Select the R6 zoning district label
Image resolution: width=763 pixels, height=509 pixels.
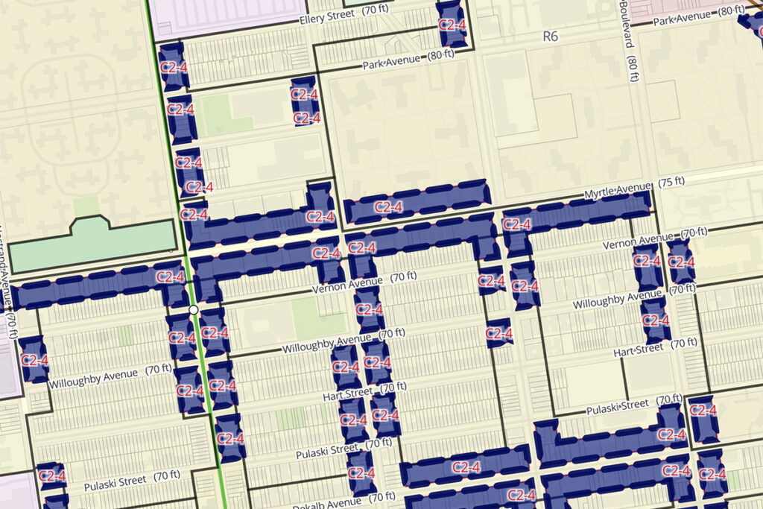(550, 36)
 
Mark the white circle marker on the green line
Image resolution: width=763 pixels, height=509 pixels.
(193, 309)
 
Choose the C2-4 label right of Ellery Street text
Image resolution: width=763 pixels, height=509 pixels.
(451, 24)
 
